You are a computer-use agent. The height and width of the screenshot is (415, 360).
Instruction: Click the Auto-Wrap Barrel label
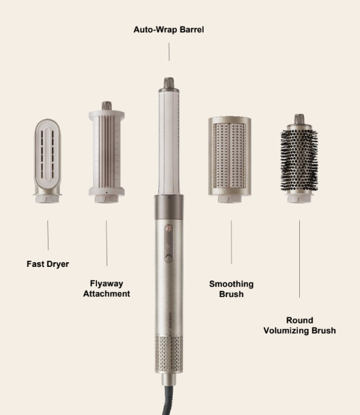(169, 29)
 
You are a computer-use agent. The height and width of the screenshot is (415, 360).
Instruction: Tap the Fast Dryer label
(48, 264)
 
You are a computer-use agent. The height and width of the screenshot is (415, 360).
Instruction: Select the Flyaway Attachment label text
(107, 289)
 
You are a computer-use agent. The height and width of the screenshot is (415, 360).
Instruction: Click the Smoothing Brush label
(232, 289)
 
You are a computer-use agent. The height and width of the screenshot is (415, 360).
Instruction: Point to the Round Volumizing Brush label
(300, 326)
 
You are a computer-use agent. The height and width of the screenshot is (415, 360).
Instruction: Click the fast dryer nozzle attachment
(47, 161)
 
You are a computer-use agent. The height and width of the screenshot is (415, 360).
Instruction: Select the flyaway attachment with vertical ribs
(107, 152)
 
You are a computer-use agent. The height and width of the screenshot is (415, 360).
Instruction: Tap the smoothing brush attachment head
(230, 160)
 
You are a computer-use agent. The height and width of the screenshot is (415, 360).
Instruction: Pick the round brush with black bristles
(299, 158)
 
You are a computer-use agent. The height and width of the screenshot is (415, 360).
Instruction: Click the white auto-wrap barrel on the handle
(169, 141)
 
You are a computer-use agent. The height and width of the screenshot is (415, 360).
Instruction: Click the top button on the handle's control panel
(169, 228)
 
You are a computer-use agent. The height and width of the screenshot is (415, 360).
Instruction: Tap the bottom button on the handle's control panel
(169, 257)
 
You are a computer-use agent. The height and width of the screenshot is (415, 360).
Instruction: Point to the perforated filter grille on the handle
(169, 354)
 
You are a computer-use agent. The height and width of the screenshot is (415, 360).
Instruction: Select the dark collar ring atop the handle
(169, 207)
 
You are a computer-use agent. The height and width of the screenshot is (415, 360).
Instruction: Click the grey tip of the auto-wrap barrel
(169, 83)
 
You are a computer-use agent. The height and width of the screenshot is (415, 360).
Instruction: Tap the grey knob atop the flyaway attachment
(107, 106)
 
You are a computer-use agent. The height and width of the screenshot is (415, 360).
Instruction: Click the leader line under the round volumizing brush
(300, 259)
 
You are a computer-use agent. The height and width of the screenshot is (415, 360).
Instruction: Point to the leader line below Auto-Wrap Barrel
(169, 52)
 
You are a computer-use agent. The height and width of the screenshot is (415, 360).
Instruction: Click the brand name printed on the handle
(170, 321)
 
